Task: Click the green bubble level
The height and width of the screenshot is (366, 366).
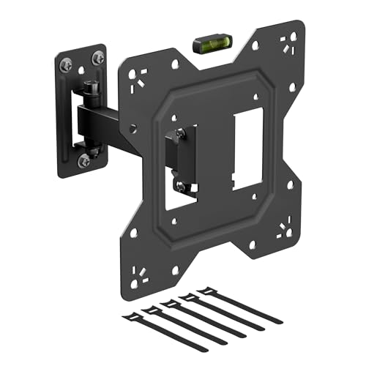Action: pos(209,45)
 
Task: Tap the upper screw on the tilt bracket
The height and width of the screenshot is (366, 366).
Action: pos(179,134)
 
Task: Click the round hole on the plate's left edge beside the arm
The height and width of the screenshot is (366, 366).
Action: pos(133,127)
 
